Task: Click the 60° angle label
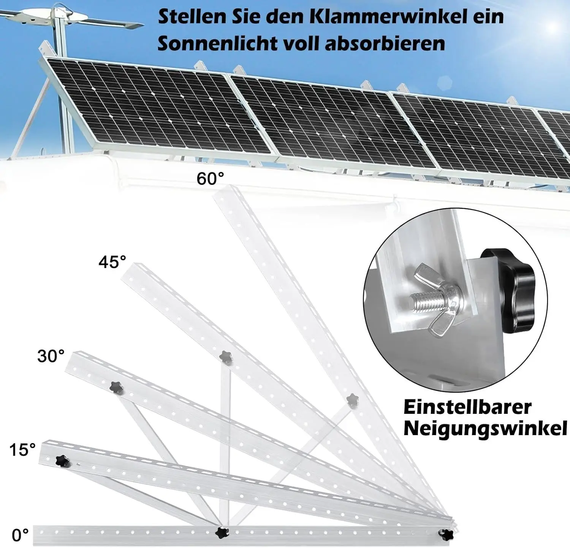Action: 210,178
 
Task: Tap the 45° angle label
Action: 112,262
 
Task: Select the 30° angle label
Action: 51,356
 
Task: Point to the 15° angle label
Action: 22,450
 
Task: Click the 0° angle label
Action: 20,535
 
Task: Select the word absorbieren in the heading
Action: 385,44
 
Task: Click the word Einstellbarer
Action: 467,407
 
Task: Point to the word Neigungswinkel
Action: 485,428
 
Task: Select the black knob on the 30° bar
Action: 117,388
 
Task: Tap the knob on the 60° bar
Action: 352,400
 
